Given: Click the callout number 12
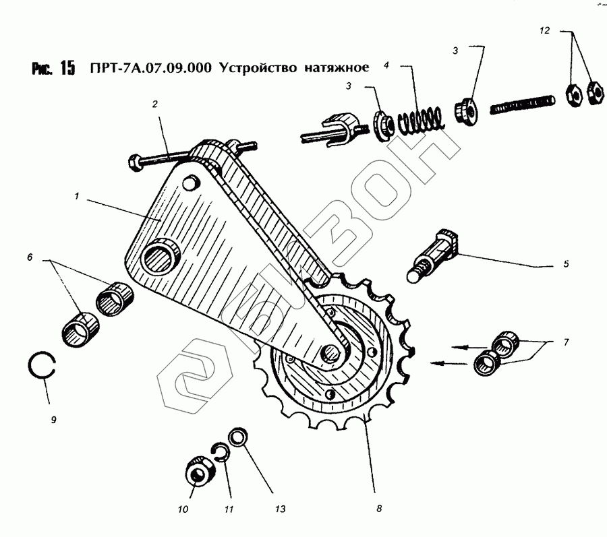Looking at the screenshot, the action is click(544, 30).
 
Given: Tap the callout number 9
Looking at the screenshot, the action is click(54, 420).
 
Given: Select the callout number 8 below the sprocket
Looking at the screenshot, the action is click(379, 509).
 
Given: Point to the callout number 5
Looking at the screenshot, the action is click(566, 264).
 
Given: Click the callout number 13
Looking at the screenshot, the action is click(281, 509).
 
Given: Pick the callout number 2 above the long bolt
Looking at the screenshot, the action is click(155, 104).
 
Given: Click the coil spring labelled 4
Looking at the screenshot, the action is click(420, 119).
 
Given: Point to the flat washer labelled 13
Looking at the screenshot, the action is click(239, 437).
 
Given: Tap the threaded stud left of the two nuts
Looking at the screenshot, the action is click(522, 104).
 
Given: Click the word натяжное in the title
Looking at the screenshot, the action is click(337, 67).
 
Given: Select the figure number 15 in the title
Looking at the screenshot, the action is click(67, 68).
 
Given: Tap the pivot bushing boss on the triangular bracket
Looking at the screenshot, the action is click(161, 255).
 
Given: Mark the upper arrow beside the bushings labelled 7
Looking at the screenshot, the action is click(469, 347).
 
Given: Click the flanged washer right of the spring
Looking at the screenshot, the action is click(466, 111).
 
